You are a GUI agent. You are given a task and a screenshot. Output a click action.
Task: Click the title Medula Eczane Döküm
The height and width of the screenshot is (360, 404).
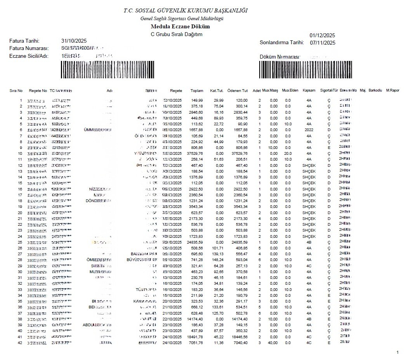point(180,27)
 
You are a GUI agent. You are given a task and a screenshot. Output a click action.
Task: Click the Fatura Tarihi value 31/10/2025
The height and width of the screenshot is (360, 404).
point(74,41)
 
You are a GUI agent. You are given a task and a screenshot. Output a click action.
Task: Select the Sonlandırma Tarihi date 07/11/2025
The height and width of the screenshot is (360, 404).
point(323,43)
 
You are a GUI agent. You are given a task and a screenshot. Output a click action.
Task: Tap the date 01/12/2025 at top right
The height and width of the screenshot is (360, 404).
point(323,36)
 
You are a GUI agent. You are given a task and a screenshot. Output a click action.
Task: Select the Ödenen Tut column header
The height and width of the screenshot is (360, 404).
point(238,91)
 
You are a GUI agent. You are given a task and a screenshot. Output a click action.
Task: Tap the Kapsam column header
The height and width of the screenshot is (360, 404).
point(309,91)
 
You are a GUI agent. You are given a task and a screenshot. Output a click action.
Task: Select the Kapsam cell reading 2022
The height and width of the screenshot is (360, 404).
point(309,130)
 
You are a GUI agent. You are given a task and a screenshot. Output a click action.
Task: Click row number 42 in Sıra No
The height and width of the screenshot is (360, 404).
point(20,343)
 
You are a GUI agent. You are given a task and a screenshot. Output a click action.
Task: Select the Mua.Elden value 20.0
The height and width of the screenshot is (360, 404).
point(288,154)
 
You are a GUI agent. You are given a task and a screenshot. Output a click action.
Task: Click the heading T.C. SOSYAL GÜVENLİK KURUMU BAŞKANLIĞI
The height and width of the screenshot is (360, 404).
point(186,10)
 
